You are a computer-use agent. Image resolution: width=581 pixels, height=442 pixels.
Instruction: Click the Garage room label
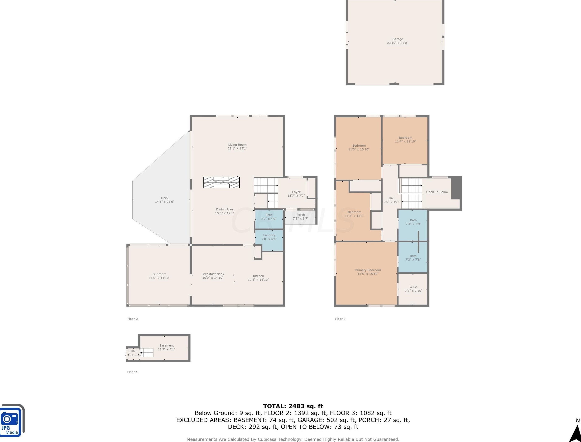point(397,41)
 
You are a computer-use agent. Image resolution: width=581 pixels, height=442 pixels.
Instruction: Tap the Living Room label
point(237,147)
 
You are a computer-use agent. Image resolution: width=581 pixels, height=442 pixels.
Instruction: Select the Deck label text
point(164,200)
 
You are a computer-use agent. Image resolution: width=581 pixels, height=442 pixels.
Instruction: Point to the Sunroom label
point(159,276)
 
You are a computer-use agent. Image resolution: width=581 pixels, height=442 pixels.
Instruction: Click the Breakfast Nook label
point(213,276)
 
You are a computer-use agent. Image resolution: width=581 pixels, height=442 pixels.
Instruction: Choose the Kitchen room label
point(258,278)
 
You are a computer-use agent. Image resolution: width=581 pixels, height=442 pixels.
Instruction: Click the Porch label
point(301,216)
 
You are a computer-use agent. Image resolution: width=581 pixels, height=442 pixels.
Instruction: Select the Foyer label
point(296,194)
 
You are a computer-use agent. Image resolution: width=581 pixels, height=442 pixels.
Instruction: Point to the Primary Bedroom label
point(368,272)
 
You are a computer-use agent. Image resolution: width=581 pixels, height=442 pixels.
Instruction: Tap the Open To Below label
point(437,192)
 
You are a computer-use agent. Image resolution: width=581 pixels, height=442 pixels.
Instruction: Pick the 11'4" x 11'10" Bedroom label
point(405,139)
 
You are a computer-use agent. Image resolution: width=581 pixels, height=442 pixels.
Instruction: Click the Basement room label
point(166,347)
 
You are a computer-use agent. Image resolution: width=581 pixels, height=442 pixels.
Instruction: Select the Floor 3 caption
point(340,319)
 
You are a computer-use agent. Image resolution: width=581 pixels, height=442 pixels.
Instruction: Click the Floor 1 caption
point(132,372)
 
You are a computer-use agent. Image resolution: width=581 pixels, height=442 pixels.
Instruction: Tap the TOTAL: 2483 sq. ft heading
point(293,406)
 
